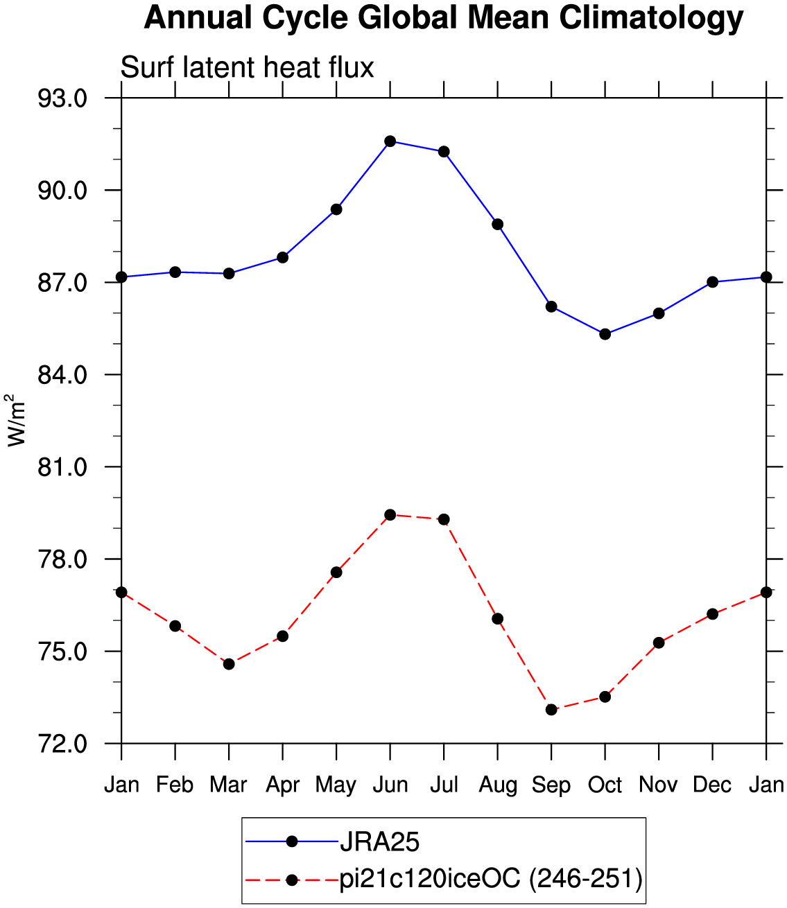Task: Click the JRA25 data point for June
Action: (x=390, y=141)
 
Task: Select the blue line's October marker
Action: (x=605, y=334)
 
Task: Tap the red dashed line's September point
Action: (x=551, y=710)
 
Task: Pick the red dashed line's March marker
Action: (x=229, y=664)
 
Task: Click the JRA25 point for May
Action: (x=336, y=209)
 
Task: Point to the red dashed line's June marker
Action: (x=390, y=515)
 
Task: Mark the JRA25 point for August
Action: (x=497, y=225)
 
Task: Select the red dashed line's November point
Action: (x=658, y=643)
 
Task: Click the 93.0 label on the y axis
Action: (x=62, y=98)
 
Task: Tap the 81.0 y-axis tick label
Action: (x=62, y=467)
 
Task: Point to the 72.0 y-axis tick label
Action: (x=62, y=744)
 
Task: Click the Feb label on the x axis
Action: (x=175, y=785)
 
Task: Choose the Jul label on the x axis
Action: (x=444, y=785)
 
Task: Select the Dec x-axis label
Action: (x=712, y=785)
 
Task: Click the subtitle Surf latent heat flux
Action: (x=247, y=67)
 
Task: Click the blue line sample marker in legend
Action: (x=291, y=841)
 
